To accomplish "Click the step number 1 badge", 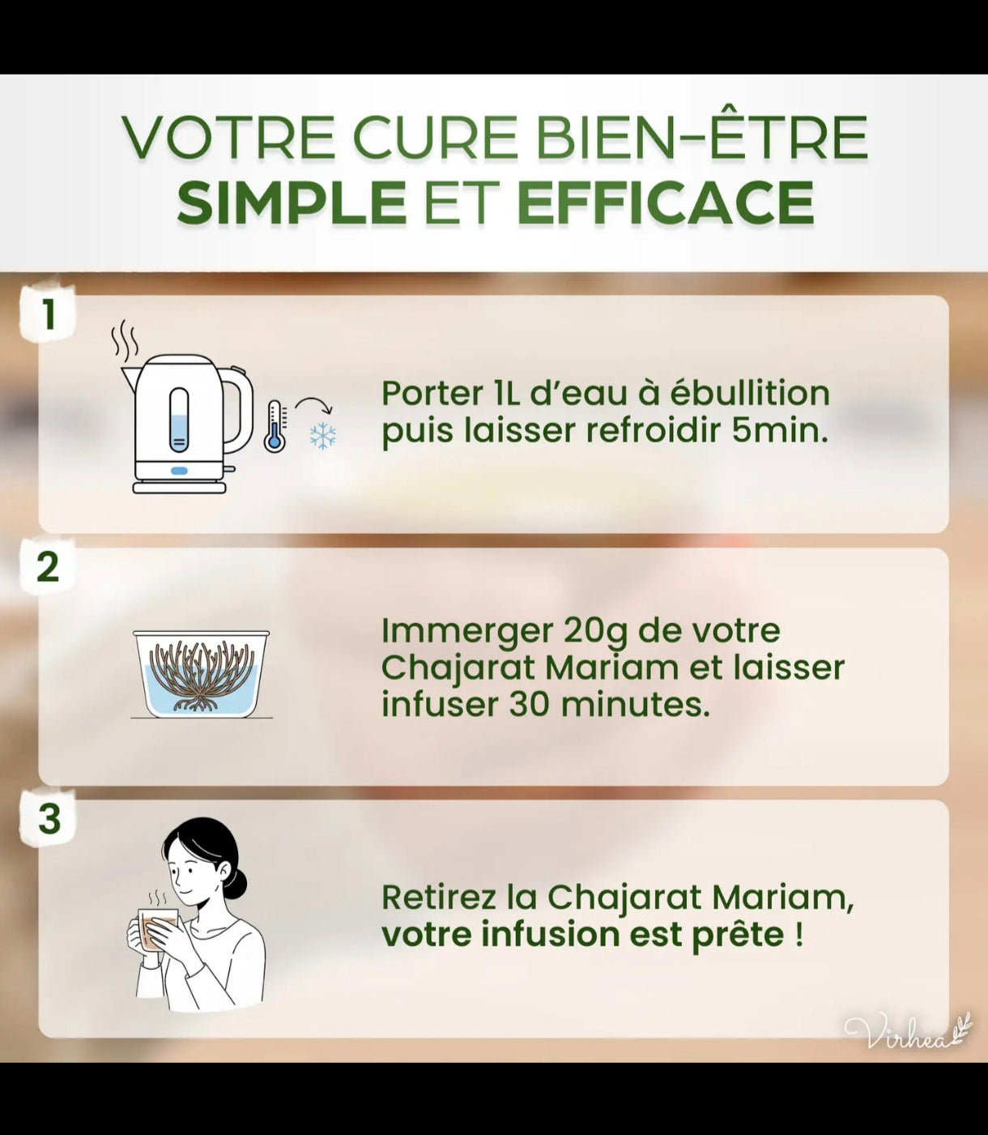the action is coord(49,314).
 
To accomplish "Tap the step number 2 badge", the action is coord(49,567).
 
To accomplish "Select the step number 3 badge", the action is coord(49,819).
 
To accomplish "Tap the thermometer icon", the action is coord(275,425).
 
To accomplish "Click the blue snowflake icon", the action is coord(322,436).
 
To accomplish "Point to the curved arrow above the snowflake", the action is coord(313,400).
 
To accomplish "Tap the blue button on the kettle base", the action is coord(179,471).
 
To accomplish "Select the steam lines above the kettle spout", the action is coord(125,339).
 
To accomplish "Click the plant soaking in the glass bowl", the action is coord(202,675).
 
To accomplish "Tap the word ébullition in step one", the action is coord(750,393).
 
